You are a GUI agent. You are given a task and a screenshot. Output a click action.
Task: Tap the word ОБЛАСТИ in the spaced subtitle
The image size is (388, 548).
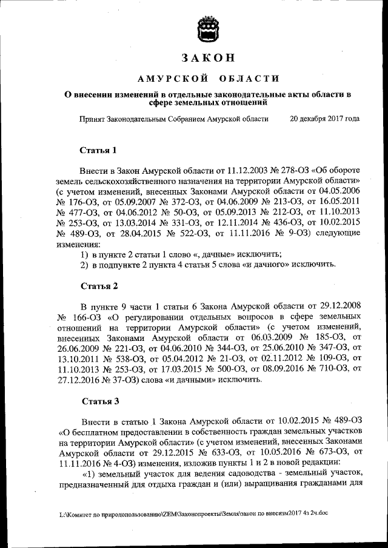249,79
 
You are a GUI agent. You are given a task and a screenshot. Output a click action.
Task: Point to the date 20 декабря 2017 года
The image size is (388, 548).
324,119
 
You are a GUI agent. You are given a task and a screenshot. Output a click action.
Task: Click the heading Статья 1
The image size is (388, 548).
98,150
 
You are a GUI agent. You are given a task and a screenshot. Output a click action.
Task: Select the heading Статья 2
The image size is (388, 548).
98,285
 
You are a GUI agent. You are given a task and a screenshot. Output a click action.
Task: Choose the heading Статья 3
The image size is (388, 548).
98,401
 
